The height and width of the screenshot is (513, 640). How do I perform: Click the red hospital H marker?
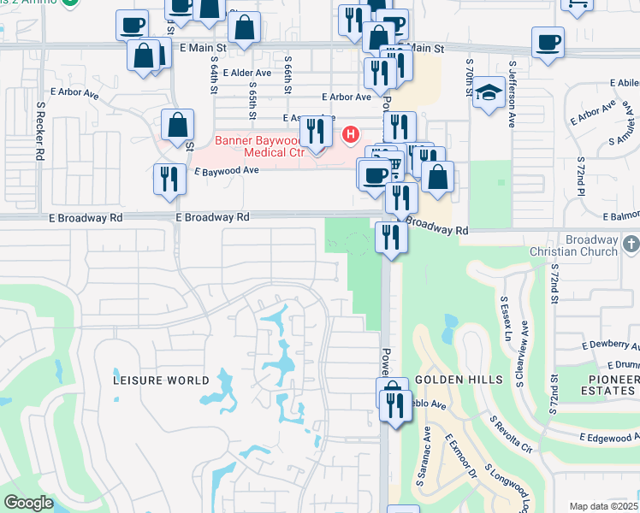pos(350,134)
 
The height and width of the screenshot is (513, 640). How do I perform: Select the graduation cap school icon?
pos(489,95)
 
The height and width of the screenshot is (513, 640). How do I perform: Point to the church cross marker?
pos(631,245)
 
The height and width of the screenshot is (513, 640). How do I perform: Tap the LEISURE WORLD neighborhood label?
pos(161,380)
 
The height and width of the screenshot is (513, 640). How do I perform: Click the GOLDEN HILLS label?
pos(449,379)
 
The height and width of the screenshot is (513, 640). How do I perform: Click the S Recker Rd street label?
pos(39,131)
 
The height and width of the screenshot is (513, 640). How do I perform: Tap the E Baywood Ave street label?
pos(227,171)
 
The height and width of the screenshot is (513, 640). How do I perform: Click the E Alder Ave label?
pos(246,74)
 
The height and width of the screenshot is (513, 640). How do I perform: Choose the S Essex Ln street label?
pos(504,318)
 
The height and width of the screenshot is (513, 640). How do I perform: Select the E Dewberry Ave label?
pos(610,345)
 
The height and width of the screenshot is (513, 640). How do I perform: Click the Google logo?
pos(28,503)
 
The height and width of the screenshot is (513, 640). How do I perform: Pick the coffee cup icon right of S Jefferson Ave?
pos(548,42)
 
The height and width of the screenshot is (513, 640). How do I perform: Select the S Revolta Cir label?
pos(512,434)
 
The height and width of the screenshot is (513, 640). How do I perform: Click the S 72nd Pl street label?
pos(580,174)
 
